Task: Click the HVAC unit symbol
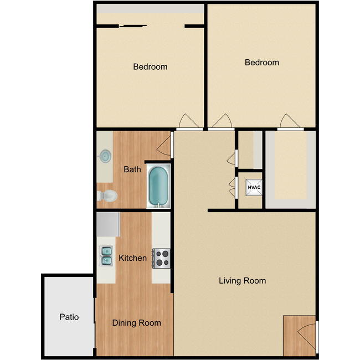tap(254, 188)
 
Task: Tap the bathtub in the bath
tap(158, 186)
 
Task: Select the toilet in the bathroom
tap(107, 196)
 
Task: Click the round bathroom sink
tap(105, 156)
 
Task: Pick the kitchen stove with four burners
tap(162, 258)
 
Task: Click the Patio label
tap(69, 317)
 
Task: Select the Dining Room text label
tap(136, 323)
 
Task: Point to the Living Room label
tap(242, 281)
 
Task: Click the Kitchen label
tap(133, 258)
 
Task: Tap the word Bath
tap(132, 169)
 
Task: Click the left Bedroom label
tap(150, 67)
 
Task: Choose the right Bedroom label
tap(262, 63)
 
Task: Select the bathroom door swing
tap(164, 145)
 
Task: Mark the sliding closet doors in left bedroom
tap(133, 25)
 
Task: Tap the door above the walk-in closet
tap(290, 121)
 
